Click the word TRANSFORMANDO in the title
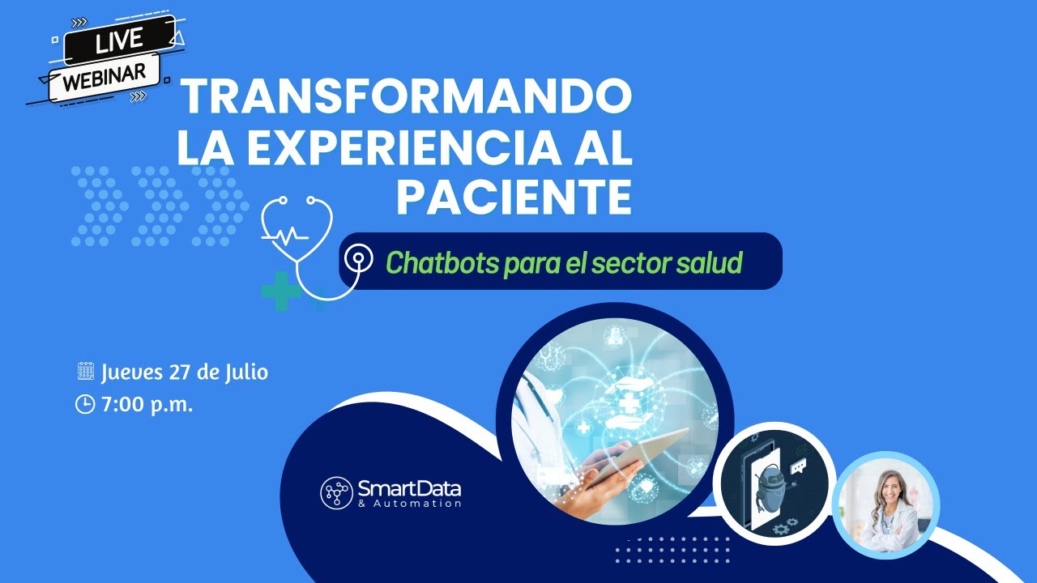coord(405,99)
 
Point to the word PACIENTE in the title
coord(514,198)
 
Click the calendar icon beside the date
coord(85,372)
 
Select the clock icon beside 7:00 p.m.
coord(85,404)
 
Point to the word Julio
coord(244,372)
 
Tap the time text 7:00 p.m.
coord(147,404)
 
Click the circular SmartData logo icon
coord(336,492)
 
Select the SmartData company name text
coord(409,488)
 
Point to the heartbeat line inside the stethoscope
coord(284,235)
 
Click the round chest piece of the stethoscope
coord(356,261)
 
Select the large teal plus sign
coord(281,291)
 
